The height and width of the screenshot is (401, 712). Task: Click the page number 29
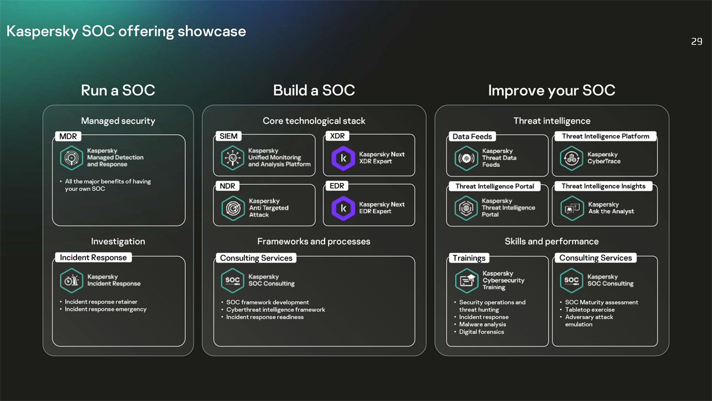coord(697,42)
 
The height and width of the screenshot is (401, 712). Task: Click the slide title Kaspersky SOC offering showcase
coord(126,31)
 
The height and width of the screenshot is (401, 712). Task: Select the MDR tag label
coord(68,137)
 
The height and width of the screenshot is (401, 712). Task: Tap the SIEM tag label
coord(228,136)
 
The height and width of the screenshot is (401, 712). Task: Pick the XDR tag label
coord(337,136)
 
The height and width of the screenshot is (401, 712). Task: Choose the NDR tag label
coord(227,186)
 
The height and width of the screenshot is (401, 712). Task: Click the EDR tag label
coord(336,186)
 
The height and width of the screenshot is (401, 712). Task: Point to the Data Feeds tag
coord(472,137)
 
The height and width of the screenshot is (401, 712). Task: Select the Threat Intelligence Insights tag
coord(603,186)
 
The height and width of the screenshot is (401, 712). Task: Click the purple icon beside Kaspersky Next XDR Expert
coord(343,158)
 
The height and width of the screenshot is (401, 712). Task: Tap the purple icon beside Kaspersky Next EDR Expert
coord(343,208)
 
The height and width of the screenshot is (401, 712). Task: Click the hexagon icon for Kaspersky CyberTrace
coord(571,158)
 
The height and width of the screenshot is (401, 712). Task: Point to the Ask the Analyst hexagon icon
coord(571,208)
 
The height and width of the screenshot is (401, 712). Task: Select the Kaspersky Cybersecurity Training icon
coord(466,280)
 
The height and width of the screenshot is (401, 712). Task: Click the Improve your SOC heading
coord(551,90)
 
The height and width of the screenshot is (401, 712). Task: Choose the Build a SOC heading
coord(314,90)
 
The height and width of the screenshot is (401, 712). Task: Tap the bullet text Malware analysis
coord(482,324)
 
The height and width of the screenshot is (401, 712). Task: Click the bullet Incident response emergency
coord(106,309)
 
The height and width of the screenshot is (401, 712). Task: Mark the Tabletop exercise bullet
coord(590,310)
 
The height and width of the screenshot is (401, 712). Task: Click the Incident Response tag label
coord(93,258)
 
